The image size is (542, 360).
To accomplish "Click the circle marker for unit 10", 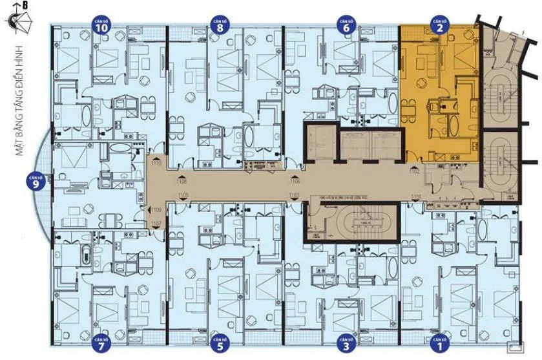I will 100,26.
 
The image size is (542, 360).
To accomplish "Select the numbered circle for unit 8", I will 220,26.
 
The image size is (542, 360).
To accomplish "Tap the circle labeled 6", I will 346,26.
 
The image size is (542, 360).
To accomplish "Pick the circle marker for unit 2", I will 440,26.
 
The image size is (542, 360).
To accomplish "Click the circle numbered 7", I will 101,345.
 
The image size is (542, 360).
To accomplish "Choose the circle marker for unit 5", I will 220,345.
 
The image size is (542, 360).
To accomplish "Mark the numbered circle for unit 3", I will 347,345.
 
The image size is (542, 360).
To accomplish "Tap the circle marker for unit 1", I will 440,345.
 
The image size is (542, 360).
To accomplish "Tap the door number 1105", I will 183,195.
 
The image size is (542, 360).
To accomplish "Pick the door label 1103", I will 295,195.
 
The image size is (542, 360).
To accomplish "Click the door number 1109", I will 156,210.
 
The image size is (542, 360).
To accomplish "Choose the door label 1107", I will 156,224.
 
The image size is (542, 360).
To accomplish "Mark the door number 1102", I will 414,171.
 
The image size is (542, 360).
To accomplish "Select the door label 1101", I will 415,196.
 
